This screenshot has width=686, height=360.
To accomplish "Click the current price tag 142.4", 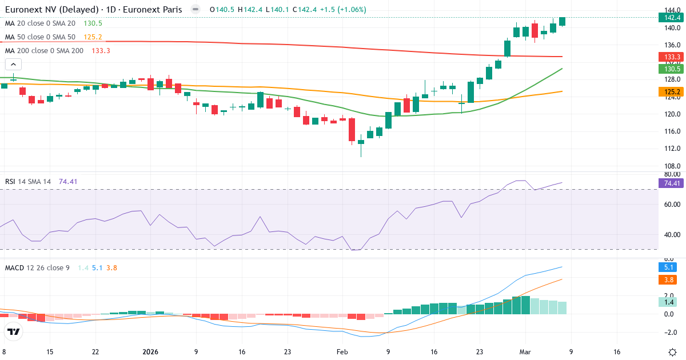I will click(x=669, y=18).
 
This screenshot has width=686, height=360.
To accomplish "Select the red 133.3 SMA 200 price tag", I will click(x=669, y=57).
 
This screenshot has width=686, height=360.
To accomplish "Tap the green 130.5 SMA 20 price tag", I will click(x=669, y=69).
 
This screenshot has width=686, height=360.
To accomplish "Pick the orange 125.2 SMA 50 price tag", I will click(x=669, y=91).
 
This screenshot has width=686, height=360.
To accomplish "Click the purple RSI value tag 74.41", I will click(x=669, y=183).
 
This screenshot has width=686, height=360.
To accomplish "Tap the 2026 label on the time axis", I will click(x=150, y=352).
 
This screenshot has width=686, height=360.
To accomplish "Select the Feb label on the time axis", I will click(x=342, y=352).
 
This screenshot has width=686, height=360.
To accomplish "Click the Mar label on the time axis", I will click(x=525, y=352).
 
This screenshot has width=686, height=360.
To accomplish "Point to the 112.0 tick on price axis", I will click(x=672, y=149).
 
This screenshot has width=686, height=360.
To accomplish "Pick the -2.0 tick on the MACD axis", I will click(x=672, y=332).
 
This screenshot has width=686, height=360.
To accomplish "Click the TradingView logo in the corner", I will click(x=14, y=331).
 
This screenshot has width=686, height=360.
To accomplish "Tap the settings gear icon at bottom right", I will click(x=673, y=351).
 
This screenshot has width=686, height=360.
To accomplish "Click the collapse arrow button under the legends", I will click(x=13, y=65).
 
